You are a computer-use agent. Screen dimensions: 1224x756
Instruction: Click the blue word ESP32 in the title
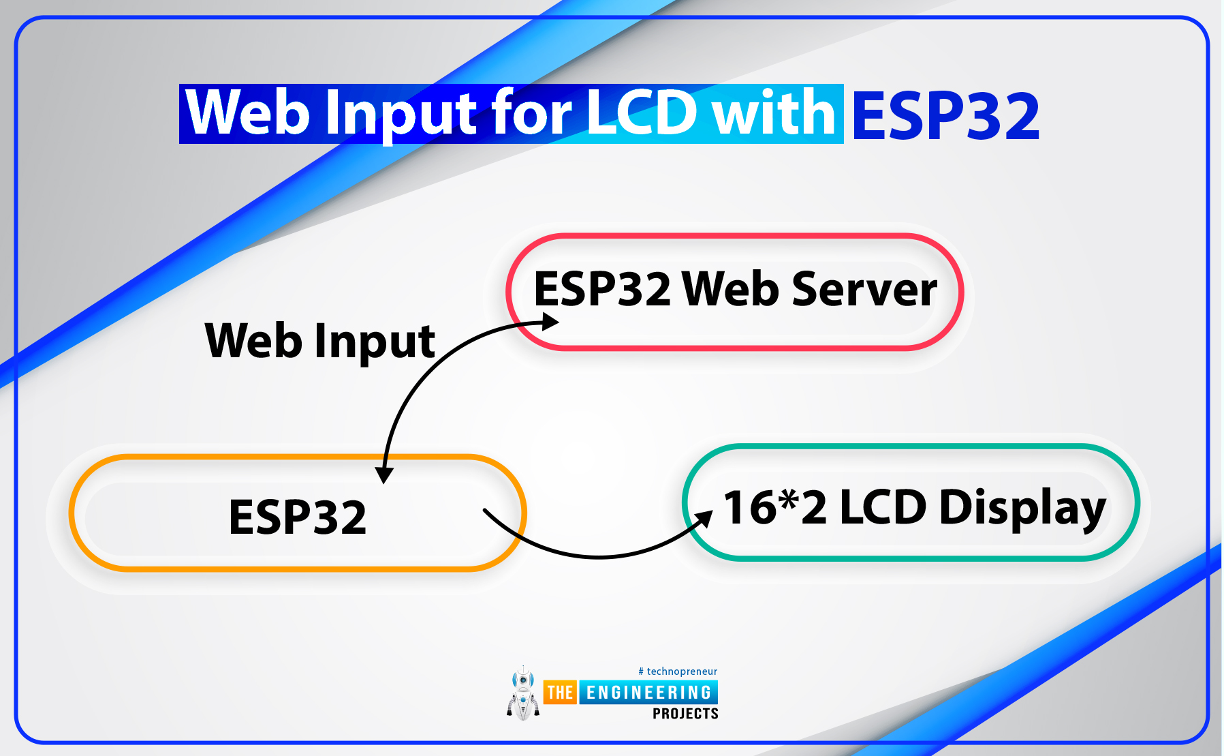click(x=946, y=115)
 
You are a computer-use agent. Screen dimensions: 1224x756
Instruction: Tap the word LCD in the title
click(x=641, y=112)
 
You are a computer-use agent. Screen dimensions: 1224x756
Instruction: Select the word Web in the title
click(x=249, y=112)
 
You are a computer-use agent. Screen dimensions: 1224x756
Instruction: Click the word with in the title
click(x=773, y=112)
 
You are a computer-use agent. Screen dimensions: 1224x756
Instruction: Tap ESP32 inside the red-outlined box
click(x=602, y=289)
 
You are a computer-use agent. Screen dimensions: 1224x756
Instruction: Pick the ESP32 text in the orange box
click(x=298, y=517)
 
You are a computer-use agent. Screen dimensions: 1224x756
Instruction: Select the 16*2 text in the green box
click(x=775, y=507)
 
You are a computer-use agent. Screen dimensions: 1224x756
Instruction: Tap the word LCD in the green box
click(x=883, y=507)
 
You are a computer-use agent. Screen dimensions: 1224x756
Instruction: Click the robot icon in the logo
click(x=523, y=693)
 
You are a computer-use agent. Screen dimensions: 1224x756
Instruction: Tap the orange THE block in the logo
click(x=560, y=693)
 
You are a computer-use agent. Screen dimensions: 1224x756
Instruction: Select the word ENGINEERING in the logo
click(x=648, y=693)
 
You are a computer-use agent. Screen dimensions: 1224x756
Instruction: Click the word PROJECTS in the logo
click(x=685, y=714)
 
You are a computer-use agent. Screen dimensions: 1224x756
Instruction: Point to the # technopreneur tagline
click(x=678, y=671)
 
